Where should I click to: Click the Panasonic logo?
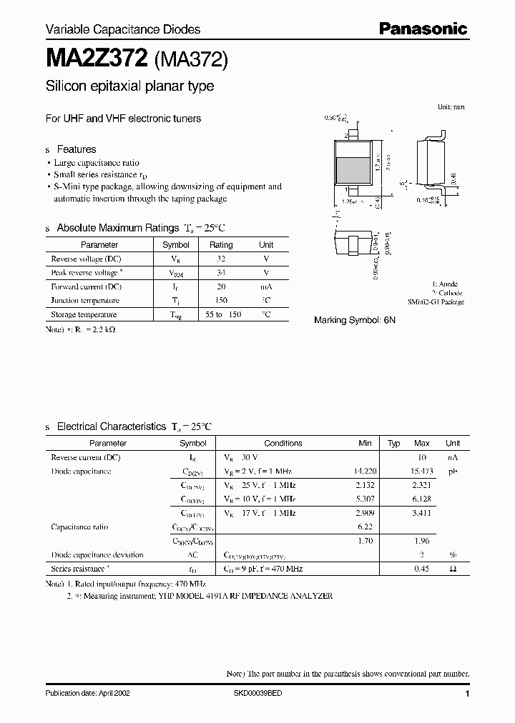tap(423, 29)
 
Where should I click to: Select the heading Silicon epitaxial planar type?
tap(129, 86)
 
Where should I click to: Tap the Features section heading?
tap(76, 149)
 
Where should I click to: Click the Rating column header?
tap(221, 245)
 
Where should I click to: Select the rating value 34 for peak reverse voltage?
tap(221, 273)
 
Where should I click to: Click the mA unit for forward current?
tap(266, 286)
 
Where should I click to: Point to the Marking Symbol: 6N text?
tap(355, 320)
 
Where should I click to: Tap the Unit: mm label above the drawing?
tap(451, 106)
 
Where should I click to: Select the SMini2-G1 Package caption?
tap(436, 302)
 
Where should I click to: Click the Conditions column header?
tap(283, 443)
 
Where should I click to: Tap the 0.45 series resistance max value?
tap(422, 569)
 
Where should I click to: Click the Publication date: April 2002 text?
tap(87, 694)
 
